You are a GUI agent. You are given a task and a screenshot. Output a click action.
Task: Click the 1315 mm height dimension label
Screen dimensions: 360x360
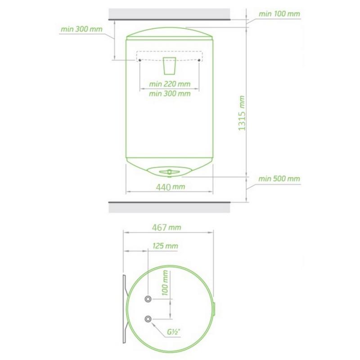point(242,113)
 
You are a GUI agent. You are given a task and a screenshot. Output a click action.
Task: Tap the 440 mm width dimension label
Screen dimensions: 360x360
point(171,187)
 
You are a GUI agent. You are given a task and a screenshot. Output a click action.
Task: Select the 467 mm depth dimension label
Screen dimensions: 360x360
point(166,228)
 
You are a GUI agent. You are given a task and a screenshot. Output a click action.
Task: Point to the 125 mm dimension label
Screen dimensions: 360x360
point(165,246)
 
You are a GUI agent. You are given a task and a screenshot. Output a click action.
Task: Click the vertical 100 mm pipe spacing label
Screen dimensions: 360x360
point(165,283)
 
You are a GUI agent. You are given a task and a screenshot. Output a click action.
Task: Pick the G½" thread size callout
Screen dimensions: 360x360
point(174,332)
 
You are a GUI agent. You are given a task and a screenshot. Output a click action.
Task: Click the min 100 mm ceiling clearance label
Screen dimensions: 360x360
point(279,14)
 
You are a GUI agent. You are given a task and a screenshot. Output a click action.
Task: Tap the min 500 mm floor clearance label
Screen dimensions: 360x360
point(279,179)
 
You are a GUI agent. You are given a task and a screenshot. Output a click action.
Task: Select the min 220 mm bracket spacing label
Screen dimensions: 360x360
point(170,84)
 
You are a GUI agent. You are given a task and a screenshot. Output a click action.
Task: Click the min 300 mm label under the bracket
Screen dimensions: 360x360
point(170,94)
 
